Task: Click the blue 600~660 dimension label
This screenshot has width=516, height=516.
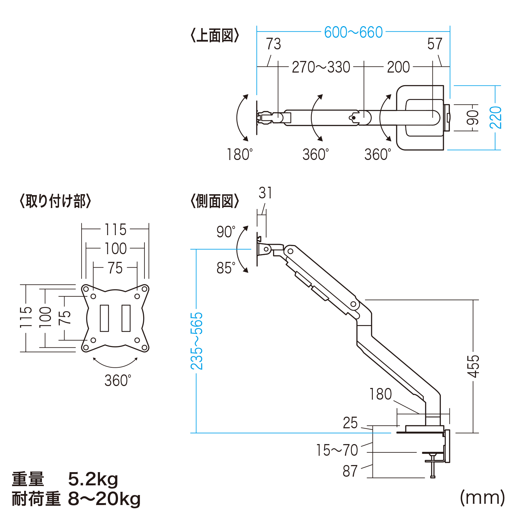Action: click(353, 32)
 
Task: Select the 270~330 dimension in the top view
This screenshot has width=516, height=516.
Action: click(321, 67)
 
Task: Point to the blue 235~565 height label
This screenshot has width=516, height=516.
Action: click(196, 341)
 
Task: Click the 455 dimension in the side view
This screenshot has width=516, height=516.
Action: click(473, 366)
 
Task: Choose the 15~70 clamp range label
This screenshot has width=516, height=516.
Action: click(337, 450)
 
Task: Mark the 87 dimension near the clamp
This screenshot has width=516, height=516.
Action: click(350, 471)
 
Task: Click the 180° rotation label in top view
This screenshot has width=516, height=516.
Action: click(240, 154)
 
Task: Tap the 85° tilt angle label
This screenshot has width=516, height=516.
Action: click(226, 268)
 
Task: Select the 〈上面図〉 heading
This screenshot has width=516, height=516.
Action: click(215, 35)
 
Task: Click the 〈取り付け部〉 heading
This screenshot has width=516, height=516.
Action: click(55, 201)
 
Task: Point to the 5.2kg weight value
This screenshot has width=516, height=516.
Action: click(93, 479)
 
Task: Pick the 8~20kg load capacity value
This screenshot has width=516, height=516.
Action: click(104, 499)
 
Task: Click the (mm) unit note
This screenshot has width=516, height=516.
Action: click(482, 498)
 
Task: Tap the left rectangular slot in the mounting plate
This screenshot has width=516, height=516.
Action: click(104, 318)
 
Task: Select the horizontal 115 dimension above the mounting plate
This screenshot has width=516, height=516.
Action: click(115, 230)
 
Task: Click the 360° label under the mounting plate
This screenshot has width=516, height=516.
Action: click(118, 381)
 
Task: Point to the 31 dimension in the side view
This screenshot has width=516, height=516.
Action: click(265, 193)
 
